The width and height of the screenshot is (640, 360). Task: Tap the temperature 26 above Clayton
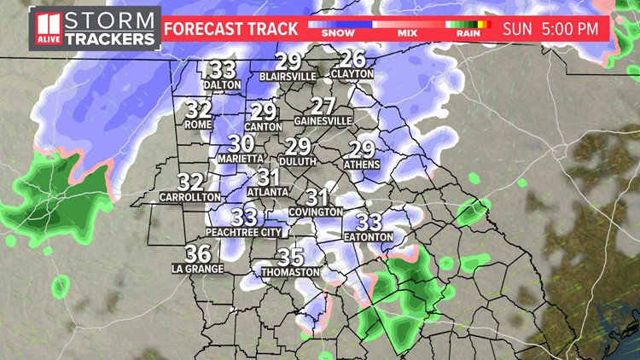tap(352, 60)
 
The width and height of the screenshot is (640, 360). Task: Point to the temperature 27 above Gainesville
tap(323, 107)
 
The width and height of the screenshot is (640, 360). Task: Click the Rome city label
tap(197, 125)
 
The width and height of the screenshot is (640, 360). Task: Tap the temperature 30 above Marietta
tap(241, 144)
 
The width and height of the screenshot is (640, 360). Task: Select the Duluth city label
tap(297, 160)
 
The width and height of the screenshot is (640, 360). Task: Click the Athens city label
tap(361, 163)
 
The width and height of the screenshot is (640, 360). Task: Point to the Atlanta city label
tap(269, 192)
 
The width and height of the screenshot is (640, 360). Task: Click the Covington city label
tap(315, 211)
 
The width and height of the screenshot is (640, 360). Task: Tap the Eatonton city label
tap(368, 236)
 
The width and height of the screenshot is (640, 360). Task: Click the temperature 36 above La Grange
tap(197, 253)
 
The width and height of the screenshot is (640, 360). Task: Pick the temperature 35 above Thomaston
tap(291, 257)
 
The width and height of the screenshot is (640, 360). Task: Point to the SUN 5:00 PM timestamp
tap(550, 28)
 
